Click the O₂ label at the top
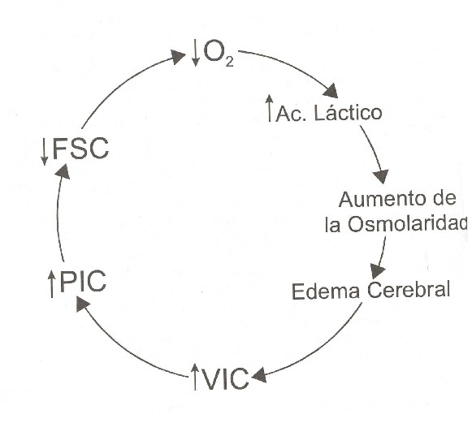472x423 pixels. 219,54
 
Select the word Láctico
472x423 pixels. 349,113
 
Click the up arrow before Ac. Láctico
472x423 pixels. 270,108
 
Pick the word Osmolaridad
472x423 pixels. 408,224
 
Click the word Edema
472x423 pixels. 326,291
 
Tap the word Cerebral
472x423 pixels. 409,289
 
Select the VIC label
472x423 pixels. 226,378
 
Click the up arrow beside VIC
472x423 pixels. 195,377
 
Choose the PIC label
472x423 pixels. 84,281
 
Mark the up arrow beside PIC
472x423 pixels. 52,283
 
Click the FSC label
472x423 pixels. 80,148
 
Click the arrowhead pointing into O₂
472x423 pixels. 178,57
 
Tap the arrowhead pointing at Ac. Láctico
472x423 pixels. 331,91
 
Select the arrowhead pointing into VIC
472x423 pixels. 259,375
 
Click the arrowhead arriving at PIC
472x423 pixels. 83,304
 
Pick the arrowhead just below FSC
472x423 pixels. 63,171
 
